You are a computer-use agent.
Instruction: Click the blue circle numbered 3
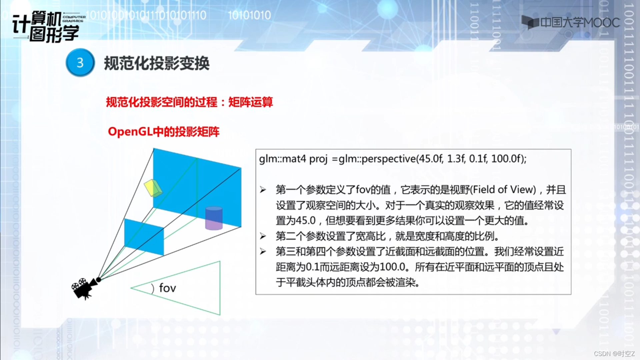click(80, 63)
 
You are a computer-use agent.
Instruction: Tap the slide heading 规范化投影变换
click(157, 63)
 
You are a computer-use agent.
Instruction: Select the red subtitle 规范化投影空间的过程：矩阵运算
click(189, 102)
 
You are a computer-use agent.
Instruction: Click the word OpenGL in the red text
click(130, 132)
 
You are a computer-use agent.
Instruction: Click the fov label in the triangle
click(167, 288)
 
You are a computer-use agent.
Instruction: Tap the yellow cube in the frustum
click(153, 188)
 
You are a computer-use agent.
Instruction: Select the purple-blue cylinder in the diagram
click(214, 218)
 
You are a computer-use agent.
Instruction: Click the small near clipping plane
click(144, 237)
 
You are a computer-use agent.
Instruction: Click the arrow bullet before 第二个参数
click(263, 236)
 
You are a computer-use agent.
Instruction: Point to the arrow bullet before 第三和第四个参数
click(263, 251)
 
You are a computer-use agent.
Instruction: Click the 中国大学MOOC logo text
click(580, 22)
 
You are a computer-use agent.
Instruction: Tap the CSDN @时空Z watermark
click(614, 354)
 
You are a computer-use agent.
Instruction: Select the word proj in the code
click(319, 159)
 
